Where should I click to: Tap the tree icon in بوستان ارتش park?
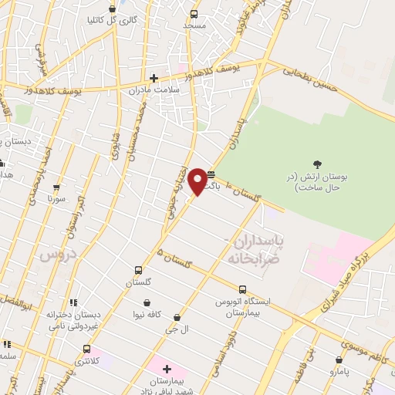317,163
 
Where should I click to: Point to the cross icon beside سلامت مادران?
154,77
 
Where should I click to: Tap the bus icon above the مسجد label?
193,14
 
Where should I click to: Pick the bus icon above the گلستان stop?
138,270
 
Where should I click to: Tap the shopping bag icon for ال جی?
177,317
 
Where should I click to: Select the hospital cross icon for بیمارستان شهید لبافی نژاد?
167,370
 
